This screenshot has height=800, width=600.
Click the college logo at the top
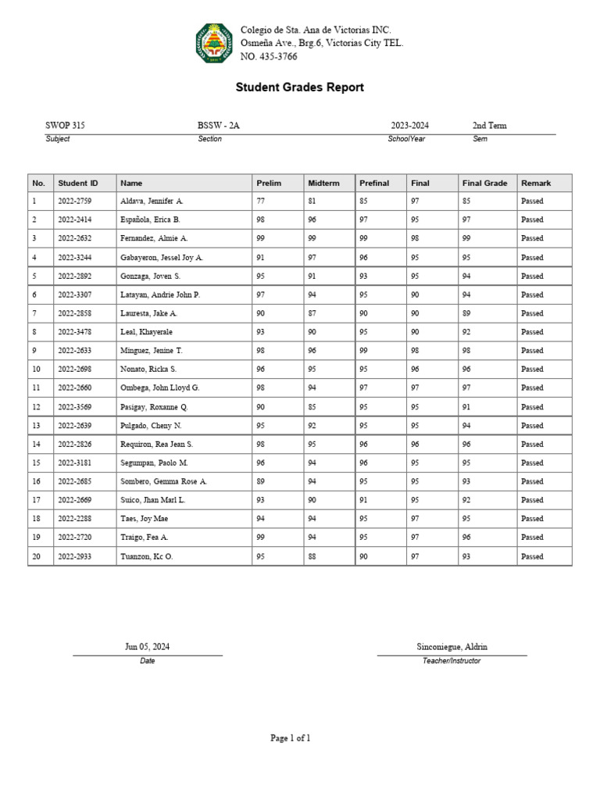tap(213, 43)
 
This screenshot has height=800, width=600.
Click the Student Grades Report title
tap(299, 87)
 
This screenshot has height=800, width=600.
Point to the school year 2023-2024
tap(409, 126)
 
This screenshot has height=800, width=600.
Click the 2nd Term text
tap(489, 126)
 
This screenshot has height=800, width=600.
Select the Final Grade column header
tap(484, 183)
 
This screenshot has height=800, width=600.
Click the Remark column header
tap(536, 183)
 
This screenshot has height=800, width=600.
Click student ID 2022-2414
tap(75, 220)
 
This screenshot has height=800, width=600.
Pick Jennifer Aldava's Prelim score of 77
tap(261, 202)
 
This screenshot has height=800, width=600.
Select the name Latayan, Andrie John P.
tap(160, 295)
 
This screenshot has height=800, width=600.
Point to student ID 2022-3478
tap(75, 332)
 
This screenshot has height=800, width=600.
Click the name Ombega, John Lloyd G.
tap(159, 387)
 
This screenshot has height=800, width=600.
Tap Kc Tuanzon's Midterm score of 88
tap(312, 556)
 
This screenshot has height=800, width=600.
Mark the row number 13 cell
tap(35, 426)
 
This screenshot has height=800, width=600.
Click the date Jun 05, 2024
tap(147, 647)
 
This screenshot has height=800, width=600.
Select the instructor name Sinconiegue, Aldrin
tap(452, 647)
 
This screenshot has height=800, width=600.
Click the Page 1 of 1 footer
tap(291, 737)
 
